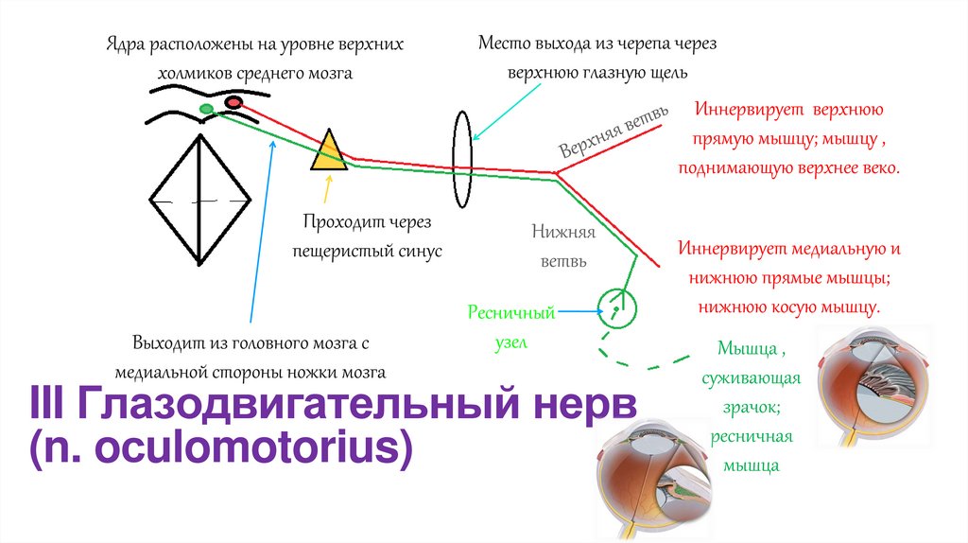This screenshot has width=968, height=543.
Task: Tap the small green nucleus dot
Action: pos(206,110)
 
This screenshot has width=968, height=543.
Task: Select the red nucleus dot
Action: pos(232,102)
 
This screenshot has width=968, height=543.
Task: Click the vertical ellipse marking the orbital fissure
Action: pos(462,158)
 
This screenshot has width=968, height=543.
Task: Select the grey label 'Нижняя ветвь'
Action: pos(563,246)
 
